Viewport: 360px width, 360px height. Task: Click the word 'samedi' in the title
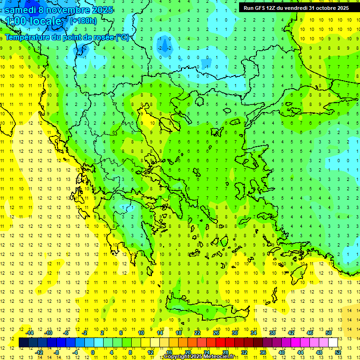pos(20,10)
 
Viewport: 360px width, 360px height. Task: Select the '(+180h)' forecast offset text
pos(83,21)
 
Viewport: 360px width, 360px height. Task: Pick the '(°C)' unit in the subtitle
pos(122,37)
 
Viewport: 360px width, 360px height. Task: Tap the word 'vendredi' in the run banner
pos(296,8)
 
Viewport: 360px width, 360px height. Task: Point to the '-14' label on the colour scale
pos(30,333)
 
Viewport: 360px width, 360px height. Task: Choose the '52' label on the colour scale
pos(337,352)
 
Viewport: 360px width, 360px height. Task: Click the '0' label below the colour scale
pos(93,352)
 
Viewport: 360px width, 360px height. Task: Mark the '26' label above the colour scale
pos(216,333)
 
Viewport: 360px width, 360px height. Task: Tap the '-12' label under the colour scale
pos(39,352)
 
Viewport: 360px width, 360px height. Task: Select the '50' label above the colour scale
pos(328,333)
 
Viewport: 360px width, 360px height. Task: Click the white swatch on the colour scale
pos(333,342)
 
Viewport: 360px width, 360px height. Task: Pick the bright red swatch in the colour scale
pos(220,342)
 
